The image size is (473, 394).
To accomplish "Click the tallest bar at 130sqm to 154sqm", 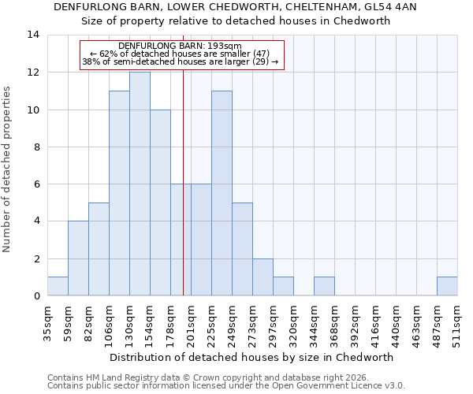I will pyautogui.click(x=140, y=184).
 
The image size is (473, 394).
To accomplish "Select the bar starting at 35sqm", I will pyautogui.click(x=58, y=286).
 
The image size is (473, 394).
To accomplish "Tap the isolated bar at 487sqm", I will pyautogui.click(x=447, y=286).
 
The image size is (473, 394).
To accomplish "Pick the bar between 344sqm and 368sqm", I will pyautogui.click(x=324, y=286).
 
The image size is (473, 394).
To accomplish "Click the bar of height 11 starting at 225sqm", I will pyautogui.click(x=222, y=193).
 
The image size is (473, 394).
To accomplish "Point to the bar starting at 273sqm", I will pyautogui.click(x=263, y=277).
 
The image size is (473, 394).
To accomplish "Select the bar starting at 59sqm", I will pyautogui.click(x=78, y=258).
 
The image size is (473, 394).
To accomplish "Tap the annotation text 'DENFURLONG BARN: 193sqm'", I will pyautogui.click(x=180, y=46).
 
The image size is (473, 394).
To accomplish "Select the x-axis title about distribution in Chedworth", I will pyautogui.click(x=251, y=357).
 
